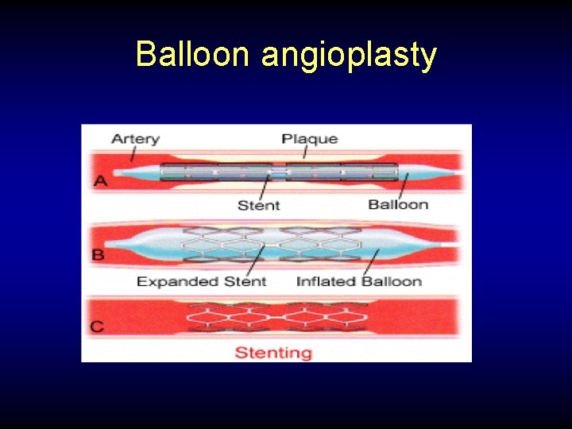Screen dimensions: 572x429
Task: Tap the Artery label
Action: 135,139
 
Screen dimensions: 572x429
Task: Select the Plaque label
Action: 309,139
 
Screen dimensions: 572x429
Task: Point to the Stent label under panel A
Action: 259,205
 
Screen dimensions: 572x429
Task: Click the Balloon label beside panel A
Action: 398,204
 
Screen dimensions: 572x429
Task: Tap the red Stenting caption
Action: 273,352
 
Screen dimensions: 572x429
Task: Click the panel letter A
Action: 101,181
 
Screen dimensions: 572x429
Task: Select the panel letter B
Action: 99,255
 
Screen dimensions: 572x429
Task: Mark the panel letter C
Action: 98,326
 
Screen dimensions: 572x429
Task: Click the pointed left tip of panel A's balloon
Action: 116,172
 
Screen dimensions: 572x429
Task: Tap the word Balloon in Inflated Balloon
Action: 391,281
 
